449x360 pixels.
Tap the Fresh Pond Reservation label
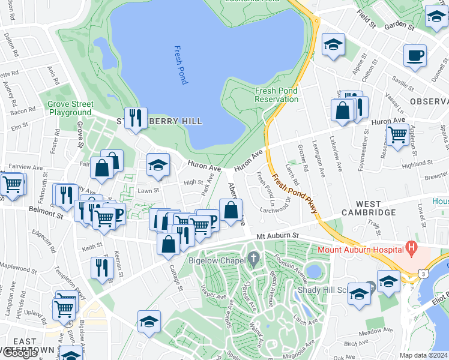coord(276,95)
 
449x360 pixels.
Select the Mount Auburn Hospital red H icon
coord(411,247)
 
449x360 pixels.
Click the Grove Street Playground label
coord(70,108)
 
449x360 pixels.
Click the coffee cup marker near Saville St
coord(415,56)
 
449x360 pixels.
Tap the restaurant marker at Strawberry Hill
coord(136,117)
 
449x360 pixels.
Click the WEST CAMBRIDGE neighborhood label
coord(369,212)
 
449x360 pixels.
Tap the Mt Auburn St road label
coord(277,238)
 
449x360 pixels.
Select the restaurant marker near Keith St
coord(103,267)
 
